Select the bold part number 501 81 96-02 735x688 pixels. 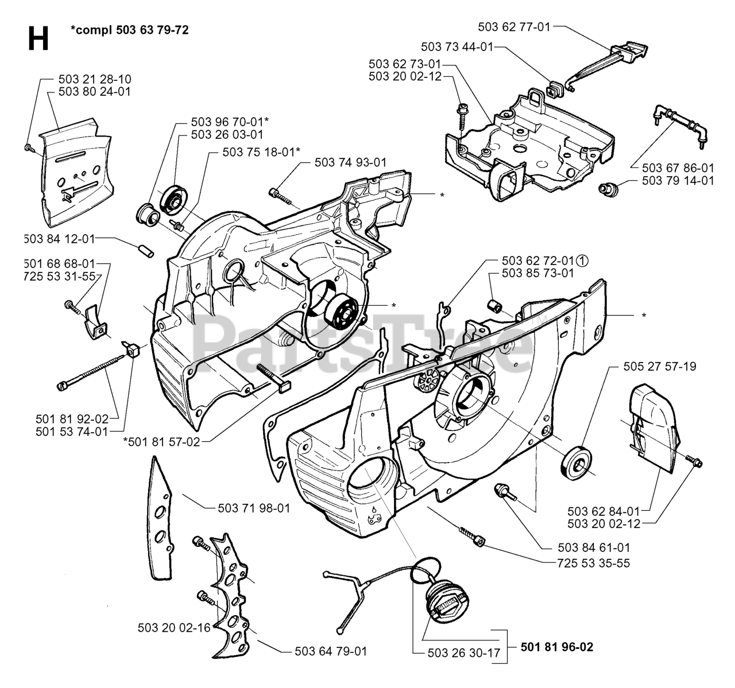click(556, 647)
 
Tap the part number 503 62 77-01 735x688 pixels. click(514, 26)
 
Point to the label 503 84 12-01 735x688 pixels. click(60, 239)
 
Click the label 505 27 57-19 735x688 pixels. click(660, 366)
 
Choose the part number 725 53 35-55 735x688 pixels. click(594, 563)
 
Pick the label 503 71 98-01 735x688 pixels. click(254, 508)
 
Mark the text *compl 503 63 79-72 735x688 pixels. click(130, 30)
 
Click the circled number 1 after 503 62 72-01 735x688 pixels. click(582, 261)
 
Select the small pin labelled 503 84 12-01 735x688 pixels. click(146, 251)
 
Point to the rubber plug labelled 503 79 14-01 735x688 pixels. click(609, 189)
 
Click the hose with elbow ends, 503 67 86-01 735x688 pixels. click(677, 126)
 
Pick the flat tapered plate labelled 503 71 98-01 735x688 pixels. click(160, 519)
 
